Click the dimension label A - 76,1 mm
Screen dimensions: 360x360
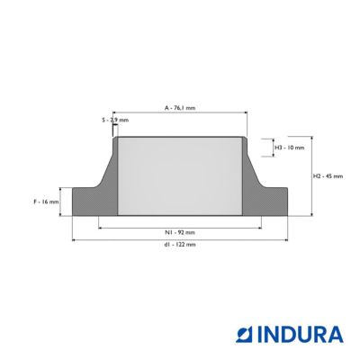180,108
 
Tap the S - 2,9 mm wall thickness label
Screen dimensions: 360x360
115,120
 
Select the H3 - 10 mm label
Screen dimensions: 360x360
290,148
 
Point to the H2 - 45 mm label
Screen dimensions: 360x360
328,176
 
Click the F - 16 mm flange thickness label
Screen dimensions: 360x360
46,202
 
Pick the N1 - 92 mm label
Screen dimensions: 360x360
180,232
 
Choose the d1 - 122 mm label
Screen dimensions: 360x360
180,245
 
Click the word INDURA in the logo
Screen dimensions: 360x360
301,335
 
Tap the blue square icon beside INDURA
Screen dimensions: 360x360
246,335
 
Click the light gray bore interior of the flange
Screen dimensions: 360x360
180,176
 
